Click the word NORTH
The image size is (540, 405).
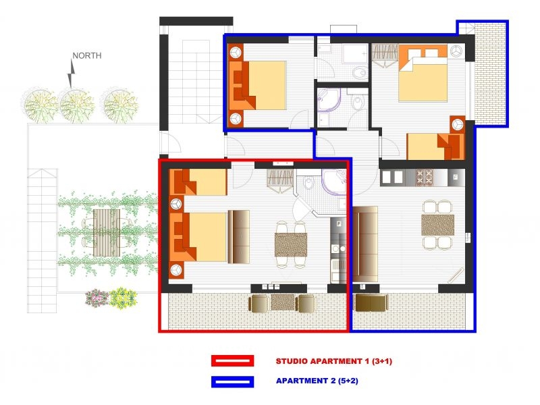tap(87, 55)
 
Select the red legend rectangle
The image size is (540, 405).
tap(232, 361)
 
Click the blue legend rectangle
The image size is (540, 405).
tap(232, 381)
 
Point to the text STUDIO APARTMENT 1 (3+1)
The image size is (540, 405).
tap(333, 362)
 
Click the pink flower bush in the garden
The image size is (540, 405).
tap(97, 296)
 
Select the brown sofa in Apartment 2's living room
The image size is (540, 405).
tap(366, 243)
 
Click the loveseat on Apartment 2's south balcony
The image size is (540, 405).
tap(371, 302)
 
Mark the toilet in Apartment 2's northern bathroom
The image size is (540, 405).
tap(359, 71)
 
